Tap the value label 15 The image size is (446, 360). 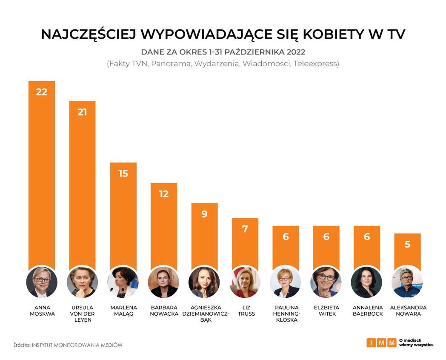(123, 173)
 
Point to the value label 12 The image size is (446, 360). (164, 194)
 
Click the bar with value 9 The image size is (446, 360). (204, 239)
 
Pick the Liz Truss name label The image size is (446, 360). (245, 311)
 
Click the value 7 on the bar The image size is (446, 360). (245, 229)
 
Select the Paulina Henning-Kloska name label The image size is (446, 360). (286, 314)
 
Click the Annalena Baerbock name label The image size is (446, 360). (367, 311)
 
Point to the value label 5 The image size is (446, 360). (407, 245)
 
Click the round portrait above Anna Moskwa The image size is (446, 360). (41, 282)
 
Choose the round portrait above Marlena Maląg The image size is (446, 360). (123, 282)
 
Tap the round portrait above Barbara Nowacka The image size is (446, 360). (164, 282)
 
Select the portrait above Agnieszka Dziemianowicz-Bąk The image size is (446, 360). (204, 282)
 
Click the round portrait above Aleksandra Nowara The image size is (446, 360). (407, 282)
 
